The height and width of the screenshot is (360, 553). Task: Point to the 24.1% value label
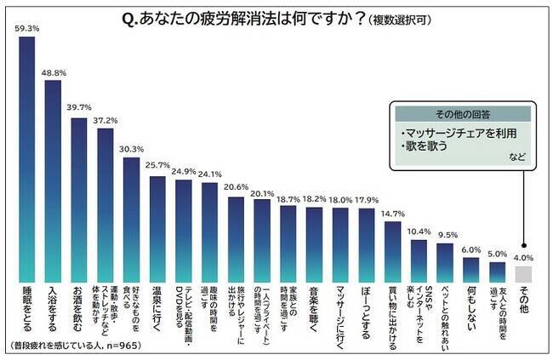(210, 175)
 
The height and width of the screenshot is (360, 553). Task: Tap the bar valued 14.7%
(392, 252)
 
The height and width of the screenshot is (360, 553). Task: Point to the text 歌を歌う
(425, 146)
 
